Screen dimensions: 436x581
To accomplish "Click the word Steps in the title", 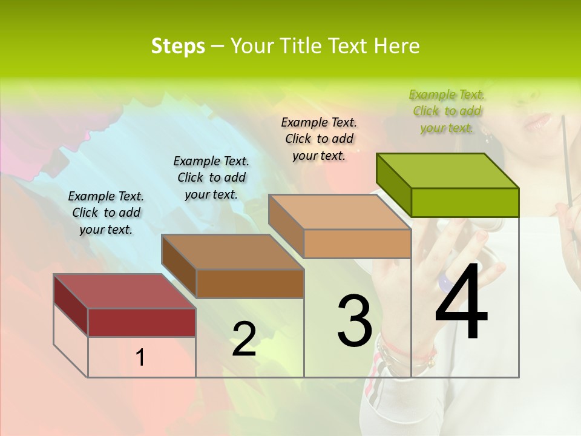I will click(x=178, y=46).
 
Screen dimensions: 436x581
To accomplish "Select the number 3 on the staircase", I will click(x=355, y=321).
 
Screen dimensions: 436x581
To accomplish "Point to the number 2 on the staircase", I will click(x=244, y=339).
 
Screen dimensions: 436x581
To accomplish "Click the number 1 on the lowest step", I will click(x=140, y=357).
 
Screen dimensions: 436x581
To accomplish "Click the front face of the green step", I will click(x=465, y=202).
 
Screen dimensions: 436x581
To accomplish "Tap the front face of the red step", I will click(x=142, y=322).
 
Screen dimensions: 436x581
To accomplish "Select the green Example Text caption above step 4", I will click(x=447, y=111).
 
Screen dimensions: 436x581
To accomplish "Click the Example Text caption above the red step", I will click(x=106, y=213).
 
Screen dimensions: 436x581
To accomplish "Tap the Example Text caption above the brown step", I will click(x=211, y=177).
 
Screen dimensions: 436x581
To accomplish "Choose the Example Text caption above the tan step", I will click(x=319, y=139).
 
